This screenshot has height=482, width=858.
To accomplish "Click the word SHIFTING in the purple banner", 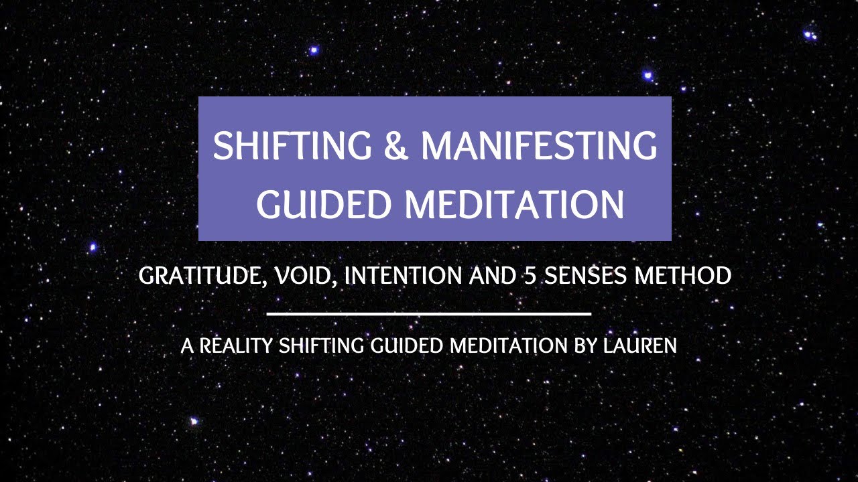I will tap(292, 145).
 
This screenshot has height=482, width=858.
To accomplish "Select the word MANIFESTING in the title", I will tap(539, 145).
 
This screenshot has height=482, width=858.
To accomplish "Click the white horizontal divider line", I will tap(429, 313).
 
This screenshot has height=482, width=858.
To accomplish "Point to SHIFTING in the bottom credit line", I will tap(320, 346).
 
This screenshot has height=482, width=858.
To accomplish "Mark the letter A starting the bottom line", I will tap(186, 346).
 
